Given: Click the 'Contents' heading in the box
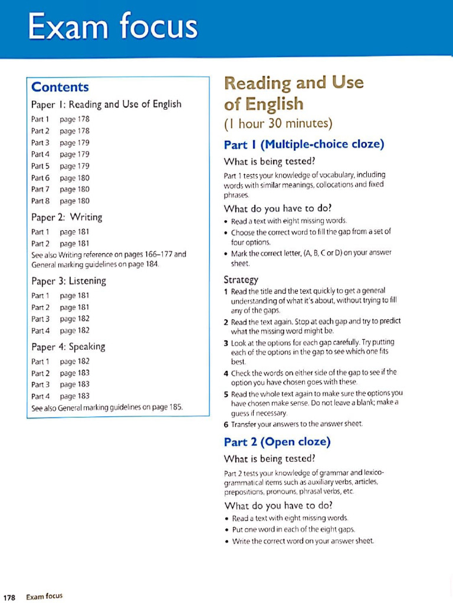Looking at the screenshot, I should point(60,87).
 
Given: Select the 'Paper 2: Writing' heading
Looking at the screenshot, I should point(67,217).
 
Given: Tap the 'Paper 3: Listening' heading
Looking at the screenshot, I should point(68,280).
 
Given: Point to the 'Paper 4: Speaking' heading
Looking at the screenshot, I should point(68,346).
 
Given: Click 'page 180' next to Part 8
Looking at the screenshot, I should point(75,201).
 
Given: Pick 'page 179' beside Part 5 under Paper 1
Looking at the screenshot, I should point(75,166).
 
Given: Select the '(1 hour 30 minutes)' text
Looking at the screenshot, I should point(278,124).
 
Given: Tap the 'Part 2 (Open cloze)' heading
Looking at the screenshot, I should point(277,442).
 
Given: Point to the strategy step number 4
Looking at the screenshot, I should point(226,372).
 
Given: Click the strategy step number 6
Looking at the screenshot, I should point(226,424).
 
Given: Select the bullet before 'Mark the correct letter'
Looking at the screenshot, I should point(226,253).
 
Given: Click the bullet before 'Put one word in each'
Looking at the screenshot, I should point(226,529).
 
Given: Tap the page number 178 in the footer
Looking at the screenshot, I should point(10,596).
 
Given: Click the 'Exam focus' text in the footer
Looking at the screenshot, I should point(44,596).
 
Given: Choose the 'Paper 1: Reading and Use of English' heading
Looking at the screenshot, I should point(106,105).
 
